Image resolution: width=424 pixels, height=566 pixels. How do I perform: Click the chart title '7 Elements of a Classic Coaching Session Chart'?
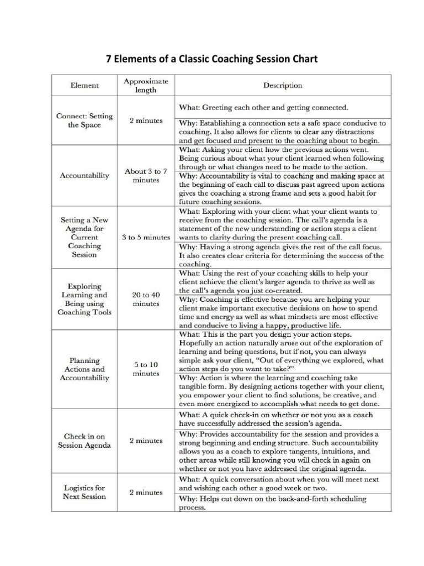pos(211,59)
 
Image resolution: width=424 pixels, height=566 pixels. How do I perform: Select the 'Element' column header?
pos(84,85)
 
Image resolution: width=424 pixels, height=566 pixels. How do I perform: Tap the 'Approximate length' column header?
pos(146,85)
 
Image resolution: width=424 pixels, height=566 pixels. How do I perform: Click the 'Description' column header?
pos(282,85)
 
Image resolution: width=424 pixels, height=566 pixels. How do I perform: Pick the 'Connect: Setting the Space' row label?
pos(84,120)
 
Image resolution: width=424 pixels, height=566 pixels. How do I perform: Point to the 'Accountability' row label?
pos(84,176)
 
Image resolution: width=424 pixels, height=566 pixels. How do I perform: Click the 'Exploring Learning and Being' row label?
pos(84,299)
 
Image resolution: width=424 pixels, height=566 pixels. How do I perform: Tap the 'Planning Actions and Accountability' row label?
pos(84,369)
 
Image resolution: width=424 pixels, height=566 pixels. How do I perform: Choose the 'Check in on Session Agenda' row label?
pos(84,441)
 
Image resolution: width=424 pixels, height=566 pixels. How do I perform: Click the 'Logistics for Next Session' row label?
pos(84,492)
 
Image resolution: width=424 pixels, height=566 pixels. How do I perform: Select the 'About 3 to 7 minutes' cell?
pos(146,176)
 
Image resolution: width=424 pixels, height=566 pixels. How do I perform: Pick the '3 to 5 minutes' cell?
pos(146,237)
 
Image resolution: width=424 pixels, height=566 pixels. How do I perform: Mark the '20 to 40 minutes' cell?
pos(146,299)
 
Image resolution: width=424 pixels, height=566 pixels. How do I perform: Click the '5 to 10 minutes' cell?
pos(146,369)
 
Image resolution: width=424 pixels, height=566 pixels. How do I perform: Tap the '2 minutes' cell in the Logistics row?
pos(146,492)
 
